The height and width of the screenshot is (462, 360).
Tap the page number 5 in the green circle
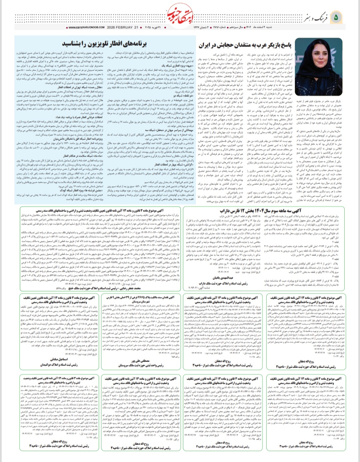tap(336, 17)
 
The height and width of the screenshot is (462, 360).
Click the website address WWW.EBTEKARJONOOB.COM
tap(86, 27)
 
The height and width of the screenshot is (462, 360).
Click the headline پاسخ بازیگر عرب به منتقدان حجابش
tap(245, 45)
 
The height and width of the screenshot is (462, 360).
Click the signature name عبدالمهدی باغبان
tap(223, 277)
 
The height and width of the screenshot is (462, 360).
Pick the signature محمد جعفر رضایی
tap(127, 288)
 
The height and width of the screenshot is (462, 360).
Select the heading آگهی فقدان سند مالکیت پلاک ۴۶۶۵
tap(140, 297)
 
